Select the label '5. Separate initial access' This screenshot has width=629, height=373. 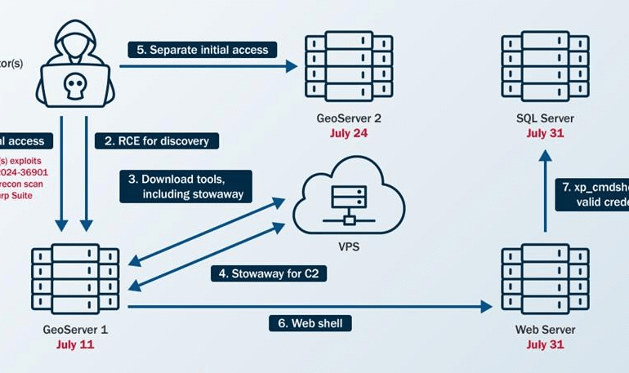click(203, 50)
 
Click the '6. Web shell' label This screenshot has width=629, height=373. click(310, 323)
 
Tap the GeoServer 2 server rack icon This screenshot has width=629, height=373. click(349, 67)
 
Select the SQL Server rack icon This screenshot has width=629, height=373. click(545, 67)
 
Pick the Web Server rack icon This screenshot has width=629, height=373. click(545, 279)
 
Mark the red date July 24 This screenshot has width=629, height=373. click(349, 133)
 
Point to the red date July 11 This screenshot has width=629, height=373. click(75, 345)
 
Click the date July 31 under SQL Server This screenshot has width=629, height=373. click(545, 133)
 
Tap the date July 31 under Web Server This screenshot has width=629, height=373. click(545, 345)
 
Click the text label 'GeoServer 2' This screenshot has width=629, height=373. click(349, 118)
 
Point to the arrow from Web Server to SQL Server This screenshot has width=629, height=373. click(545, 191)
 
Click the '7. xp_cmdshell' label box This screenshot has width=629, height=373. click(591, 194)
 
